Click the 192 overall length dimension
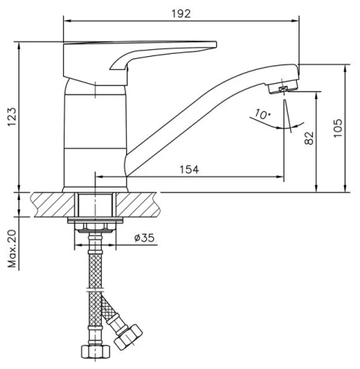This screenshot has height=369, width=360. point(182,14)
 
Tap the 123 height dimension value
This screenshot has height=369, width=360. point(12,117)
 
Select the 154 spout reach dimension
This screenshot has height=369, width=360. point(189,169)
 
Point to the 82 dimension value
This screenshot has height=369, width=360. point(309,138)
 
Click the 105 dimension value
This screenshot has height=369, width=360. point(338,128)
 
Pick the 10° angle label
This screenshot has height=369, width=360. point(262,114)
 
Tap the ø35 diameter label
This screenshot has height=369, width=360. point(145,238)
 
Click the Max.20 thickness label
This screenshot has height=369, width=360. point(12,249)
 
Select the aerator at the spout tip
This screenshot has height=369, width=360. point(282,87)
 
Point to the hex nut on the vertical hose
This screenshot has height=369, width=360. point(95,353)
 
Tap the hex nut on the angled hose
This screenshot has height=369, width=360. point(128,337)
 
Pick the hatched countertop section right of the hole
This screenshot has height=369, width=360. point(137,204)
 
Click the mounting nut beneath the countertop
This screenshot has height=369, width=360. point(95,226)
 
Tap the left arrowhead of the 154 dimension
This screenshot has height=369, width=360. point(99,177)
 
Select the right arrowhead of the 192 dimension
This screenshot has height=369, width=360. point(295,21)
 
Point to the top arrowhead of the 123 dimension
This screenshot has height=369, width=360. point(19,45)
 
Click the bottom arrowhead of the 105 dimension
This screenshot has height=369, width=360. point(345,188)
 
